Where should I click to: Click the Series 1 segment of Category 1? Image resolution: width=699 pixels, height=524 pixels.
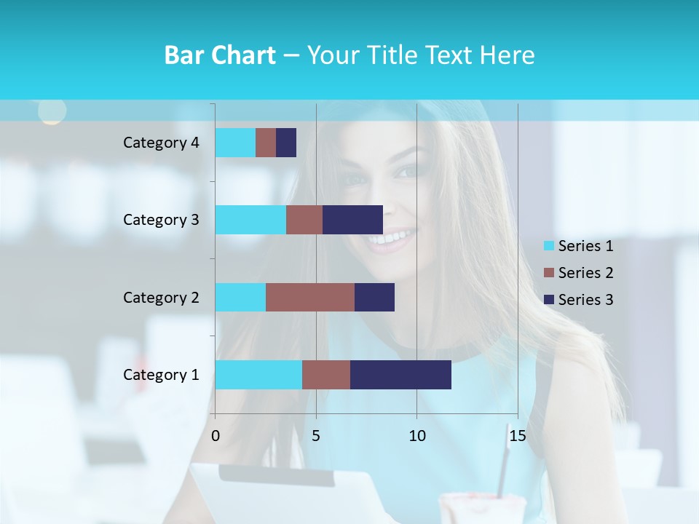(258, 375)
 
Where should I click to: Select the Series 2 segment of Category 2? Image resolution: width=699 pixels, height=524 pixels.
(310, 297)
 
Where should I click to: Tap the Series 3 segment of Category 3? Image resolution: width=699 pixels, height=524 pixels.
(352, 220)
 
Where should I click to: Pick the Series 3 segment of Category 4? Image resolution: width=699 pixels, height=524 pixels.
(286, 143)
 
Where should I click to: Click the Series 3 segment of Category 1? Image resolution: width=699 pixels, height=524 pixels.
(400, 375)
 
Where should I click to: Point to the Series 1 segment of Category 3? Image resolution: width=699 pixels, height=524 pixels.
(250, 220)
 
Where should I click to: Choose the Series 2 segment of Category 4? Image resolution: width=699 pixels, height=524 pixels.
(266, 143)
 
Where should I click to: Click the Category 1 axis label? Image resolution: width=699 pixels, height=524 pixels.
(161, 375)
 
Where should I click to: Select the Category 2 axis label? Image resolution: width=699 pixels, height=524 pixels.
(161, 297)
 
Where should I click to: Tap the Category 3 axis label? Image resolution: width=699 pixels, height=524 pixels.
(161, 220)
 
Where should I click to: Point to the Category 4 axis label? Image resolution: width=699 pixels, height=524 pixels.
(161, 143)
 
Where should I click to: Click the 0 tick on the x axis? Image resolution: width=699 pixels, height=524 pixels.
(216, 436)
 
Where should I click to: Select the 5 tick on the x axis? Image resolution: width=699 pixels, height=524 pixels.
(316, 436)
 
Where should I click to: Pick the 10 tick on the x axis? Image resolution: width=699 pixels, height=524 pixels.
(416, 436)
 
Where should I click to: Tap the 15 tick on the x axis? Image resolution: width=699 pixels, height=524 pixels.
(518, 436)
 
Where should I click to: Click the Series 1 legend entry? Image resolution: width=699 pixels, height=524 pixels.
(579, 246)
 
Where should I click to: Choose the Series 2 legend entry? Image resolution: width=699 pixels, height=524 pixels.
(579, 273)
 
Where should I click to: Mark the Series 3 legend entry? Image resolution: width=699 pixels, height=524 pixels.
(579, 300)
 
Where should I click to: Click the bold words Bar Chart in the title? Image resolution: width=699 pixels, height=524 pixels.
(220, 55)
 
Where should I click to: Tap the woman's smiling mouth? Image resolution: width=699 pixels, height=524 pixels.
(394, 237)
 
